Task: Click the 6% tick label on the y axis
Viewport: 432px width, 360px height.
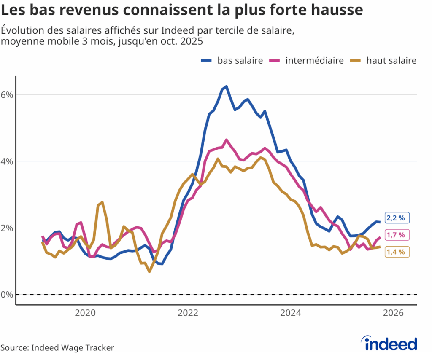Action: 8,94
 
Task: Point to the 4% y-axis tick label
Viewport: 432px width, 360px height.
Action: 8,161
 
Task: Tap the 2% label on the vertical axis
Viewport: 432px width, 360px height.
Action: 8,228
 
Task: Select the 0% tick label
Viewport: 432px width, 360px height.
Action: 8,294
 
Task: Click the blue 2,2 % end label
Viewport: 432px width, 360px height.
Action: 396,218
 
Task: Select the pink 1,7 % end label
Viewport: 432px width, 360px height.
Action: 396,235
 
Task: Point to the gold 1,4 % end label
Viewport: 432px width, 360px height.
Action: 396,252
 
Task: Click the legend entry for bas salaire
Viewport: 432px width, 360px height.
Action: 232,61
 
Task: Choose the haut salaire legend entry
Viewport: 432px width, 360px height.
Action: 384,61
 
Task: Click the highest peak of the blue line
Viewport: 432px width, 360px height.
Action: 226,86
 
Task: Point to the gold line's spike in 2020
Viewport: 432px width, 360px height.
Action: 102,203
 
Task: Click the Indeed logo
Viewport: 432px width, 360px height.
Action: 390,344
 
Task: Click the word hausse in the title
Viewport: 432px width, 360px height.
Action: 336,9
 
